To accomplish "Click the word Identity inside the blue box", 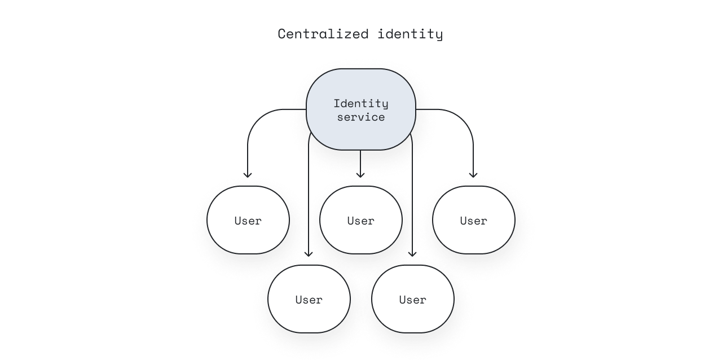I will tap(361, 103).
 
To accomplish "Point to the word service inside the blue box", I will tap(361, 117).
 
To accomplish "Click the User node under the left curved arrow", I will tap(248, 220).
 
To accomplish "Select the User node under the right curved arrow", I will tap(474, 220).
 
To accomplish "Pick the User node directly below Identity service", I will tap(361, 220).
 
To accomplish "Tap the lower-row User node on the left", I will tap(309, 299).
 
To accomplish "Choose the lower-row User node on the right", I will tap(413, 299).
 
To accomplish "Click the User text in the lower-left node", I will tap(309, 300).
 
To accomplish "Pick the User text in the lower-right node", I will tap(413, 300).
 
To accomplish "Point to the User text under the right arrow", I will tap(474, 221).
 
